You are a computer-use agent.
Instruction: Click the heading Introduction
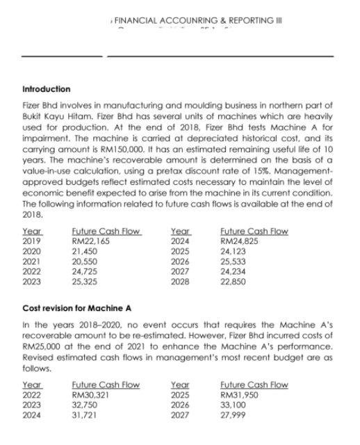(x=47, y=89)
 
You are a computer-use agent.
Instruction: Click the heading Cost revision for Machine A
(x=77, y=308)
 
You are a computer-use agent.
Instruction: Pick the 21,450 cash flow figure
(x=85, y=252)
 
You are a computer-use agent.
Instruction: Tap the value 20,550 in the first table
(x=85, y=262)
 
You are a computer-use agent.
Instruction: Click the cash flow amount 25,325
(x=85, y=282)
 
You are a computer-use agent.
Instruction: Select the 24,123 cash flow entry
(x=234, y=252)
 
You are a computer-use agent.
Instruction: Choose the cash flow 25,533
(x=234, y=262)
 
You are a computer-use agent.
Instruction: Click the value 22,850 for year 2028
(x=234, y=282)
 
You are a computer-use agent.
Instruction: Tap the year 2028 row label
(x=181, y=282)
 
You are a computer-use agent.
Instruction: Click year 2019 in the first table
(x=32, y=241)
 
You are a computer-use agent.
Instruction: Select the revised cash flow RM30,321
(x=90, y=395)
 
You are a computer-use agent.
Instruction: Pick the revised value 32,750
(x=85, y=405)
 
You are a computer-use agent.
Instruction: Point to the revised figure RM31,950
(x=238, y=395)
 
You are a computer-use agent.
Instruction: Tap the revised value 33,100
(x=234, y=405)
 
